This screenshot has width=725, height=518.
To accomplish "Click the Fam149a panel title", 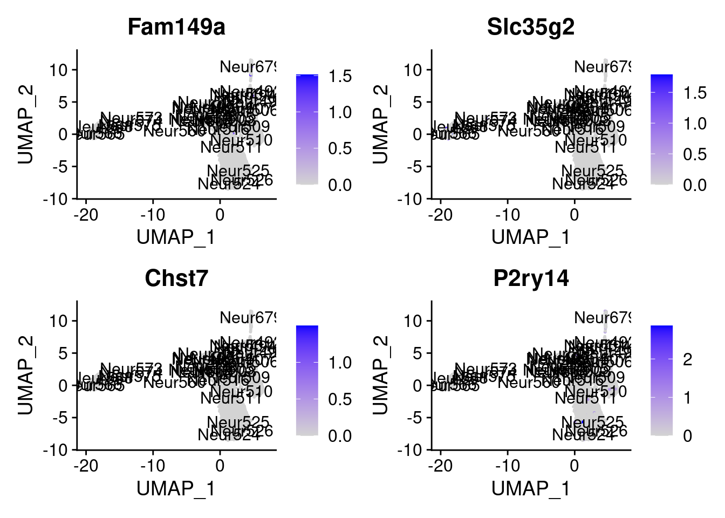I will pos(176,27).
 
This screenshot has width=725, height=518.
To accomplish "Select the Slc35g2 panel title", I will pos(531,27).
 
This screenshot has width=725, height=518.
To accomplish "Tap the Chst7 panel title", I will pos(176,278).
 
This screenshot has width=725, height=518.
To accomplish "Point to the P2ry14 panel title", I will pos(531,278).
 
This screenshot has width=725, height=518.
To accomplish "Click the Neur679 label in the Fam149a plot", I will pos(248,67).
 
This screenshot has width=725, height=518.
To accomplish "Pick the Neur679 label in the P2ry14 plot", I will pos(603,318).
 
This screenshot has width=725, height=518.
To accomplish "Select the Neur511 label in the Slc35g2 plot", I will pos(585,147).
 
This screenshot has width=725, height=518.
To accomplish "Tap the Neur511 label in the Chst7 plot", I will pos(231,398).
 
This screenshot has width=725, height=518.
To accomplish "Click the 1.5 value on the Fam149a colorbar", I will pos(340,76).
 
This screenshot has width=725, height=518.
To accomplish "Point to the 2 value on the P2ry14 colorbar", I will pos(687,359).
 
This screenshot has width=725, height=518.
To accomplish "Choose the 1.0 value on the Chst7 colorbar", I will pos(340,363).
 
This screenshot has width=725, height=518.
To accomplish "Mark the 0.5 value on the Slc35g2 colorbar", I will pos(694,154).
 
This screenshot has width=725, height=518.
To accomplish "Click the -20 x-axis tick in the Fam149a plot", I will pos(86,215).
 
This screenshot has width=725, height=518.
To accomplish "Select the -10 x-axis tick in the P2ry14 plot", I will pos(507,466).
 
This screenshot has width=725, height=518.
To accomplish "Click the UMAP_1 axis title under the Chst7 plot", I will pos(176,488).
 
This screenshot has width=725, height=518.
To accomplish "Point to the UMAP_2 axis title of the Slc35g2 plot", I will pos(380,124).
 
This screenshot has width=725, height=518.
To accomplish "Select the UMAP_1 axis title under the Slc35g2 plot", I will pos(531,237).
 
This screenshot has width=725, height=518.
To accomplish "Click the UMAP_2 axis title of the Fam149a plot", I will pos(26,124).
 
